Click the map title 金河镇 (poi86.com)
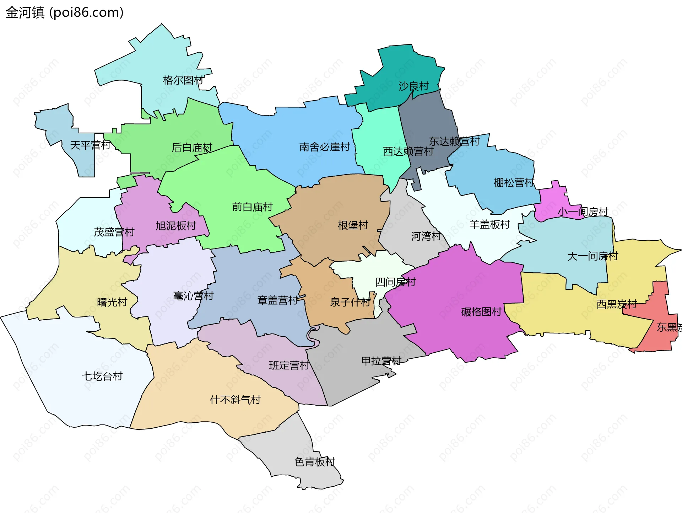pos(64,12)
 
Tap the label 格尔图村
pos(183,80)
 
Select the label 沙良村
pos(413,86)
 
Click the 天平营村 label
pos(90,145)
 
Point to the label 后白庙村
pos(192,147)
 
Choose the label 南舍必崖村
pos(324,147)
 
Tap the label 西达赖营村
pos(408,151)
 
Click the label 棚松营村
pos(514,183)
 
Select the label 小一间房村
pos(583,212)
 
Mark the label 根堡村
pos(353,225)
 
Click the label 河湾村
pos(426,236)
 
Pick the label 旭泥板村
pos(176,226)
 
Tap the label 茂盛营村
pos(114,232)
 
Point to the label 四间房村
pos(395,282)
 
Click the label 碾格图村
pos(481,312)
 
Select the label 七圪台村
pos(102,376)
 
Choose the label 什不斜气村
pos(235,400)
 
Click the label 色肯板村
pos(315,462)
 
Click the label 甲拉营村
pos(381,361)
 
